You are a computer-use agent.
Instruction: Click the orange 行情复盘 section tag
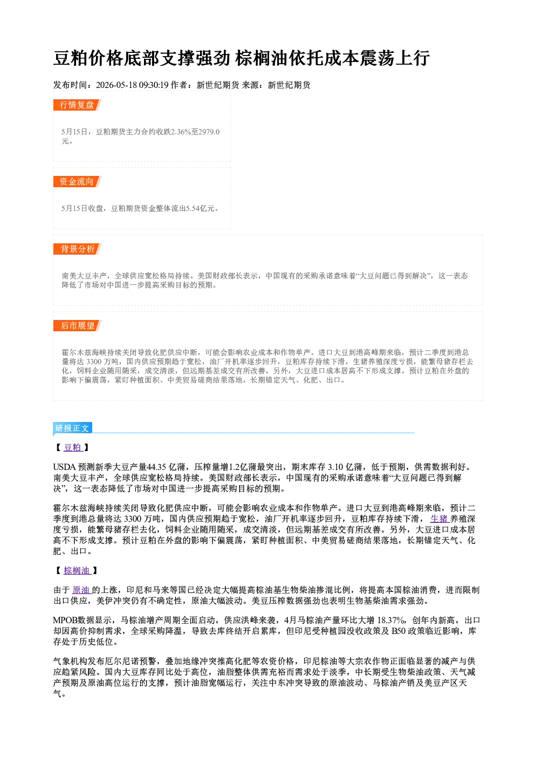[77, 105]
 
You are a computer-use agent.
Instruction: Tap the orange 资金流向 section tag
[77, 182]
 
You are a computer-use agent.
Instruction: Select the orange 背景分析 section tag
[77, 249]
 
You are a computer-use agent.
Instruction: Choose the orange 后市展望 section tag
[77, 326]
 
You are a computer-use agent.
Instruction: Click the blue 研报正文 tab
[72, 428]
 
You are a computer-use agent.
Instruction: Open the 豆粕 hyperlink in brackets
[73, 447]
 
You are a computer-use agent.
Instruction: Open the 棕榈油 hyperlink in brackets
[77, 570]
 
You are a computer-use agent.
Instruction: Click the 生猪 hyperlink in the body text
[439, 519]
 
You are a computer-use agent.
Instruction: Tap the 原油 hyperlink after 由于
[81, 590]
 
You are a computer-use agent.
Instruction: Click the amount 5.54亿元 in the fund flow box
[200, 208]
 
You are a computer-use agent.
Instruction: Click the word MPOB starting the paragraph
[65, 620]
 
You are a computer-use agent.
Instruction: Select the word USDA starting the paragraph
[64, 467]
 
